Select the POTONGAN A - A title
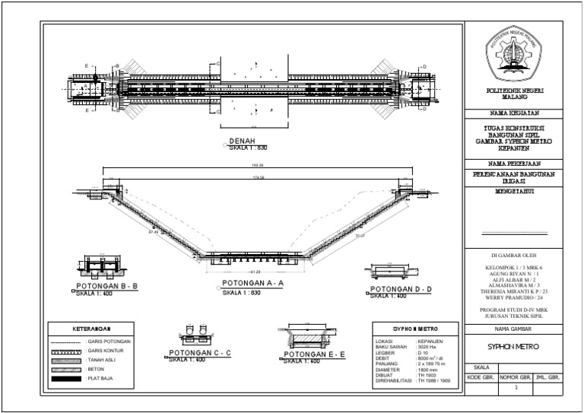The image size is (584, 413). point(252,283)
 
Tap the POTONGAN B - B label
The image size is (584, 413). point(106,287)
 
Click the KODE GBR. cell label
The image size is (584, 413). point(481,377)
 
